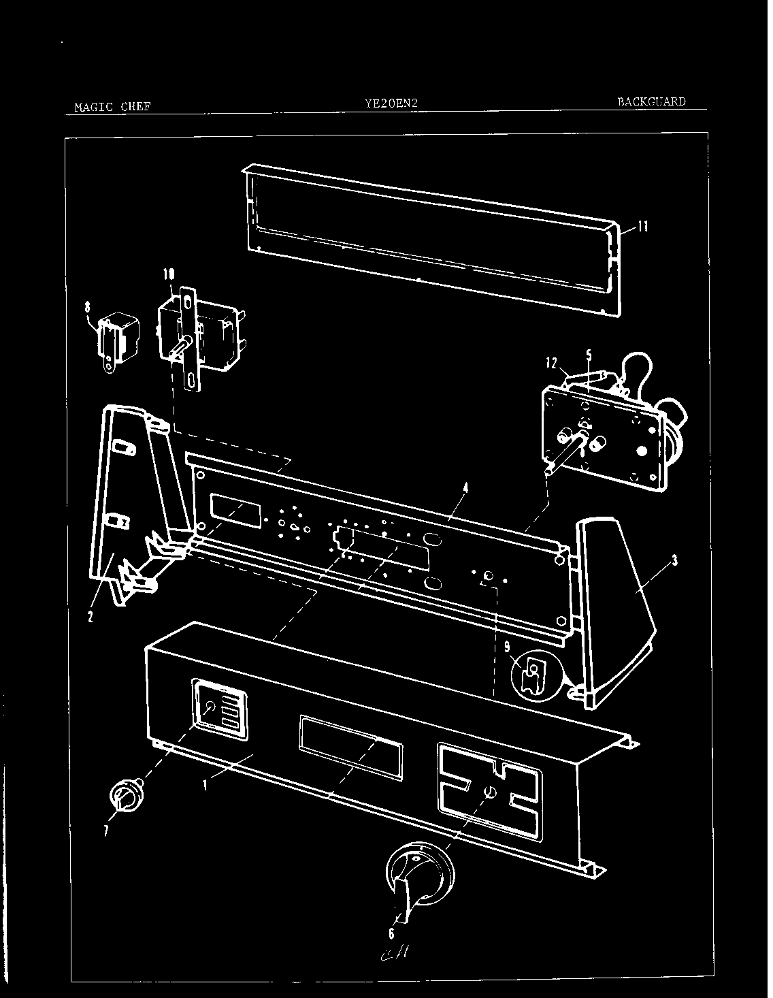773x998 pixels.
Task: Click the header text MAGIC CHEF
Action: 112,106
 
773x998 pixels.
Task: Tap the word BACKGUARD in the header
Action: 651,102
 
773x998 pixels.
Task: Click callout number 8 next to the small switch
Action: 87,307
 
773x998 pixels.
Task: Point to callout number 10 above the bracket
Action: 167,274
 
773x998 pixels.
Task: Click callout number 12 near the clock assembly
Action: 552,364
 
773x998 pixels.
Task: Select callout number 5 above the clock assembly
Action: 589,355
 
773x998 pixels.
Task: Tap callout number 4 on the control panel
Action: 465,487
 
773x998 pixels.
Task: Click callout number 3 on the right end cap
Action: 674,561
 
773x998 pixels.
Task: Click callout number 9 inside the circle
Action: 507,647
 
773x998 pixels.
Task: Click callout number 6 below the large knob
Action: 391,933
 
